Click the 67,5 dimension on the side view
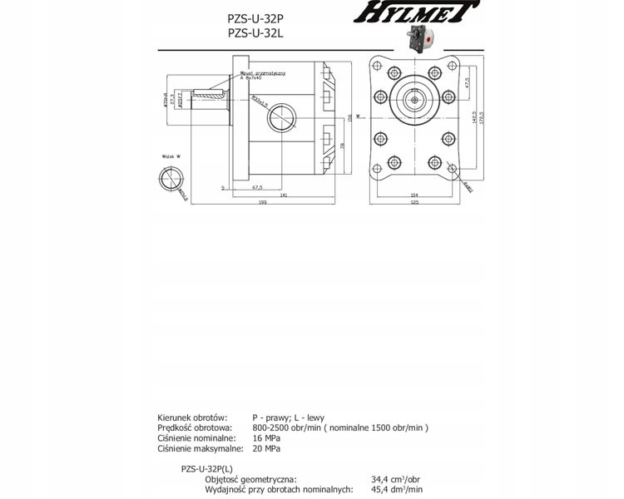pyautogui.click(x=257, y=187)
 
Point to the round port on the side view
pyautogui.click(x=280, y=116)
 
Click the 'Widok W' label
pyautogui.click(x=172, y=156)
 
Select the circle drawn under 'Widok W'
pyautogui.click(x=172, y=181)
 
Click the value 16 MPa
pyautogui.click(x=266, y=437)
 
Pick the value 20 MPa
pyautogui.click(x=266, y=448)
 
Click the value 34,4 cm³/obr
pyautogui.click(x=395, y=479)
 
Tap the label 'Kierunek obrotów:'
pyautogui.click(x=191, y=416)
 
